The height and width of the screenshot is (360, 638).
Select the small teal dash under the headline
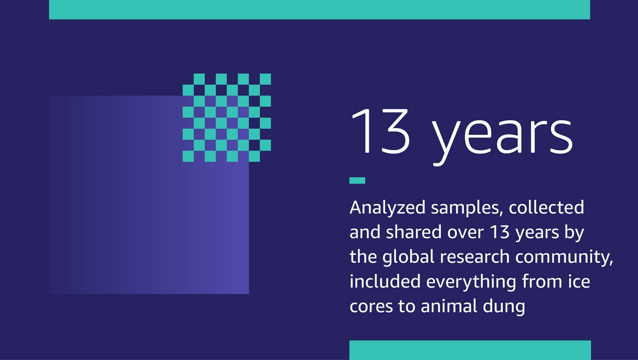pyautogui.click(x=357, y=181)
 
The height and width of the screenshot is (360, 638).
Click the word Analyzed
pyautogui.click(x=387, y=208)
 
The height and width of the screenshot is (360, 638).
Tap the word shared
pyautogui.click(x=418, y=232)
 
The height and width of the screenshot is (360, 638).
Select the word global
pyautogui.click(x=409, y=257)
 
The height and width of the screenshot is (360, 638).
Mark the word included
pyautogui.click(x=385, y=281)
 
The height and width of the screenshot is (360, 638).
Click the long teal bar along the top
pyautogui.click(x=319, y=9)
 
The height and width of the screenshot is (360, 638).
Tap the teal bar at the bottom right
pyautogui.click(x=470, y=350)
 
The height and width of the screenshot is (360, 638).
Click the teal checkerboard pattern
pyautogui.click(x=227, y=118)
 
